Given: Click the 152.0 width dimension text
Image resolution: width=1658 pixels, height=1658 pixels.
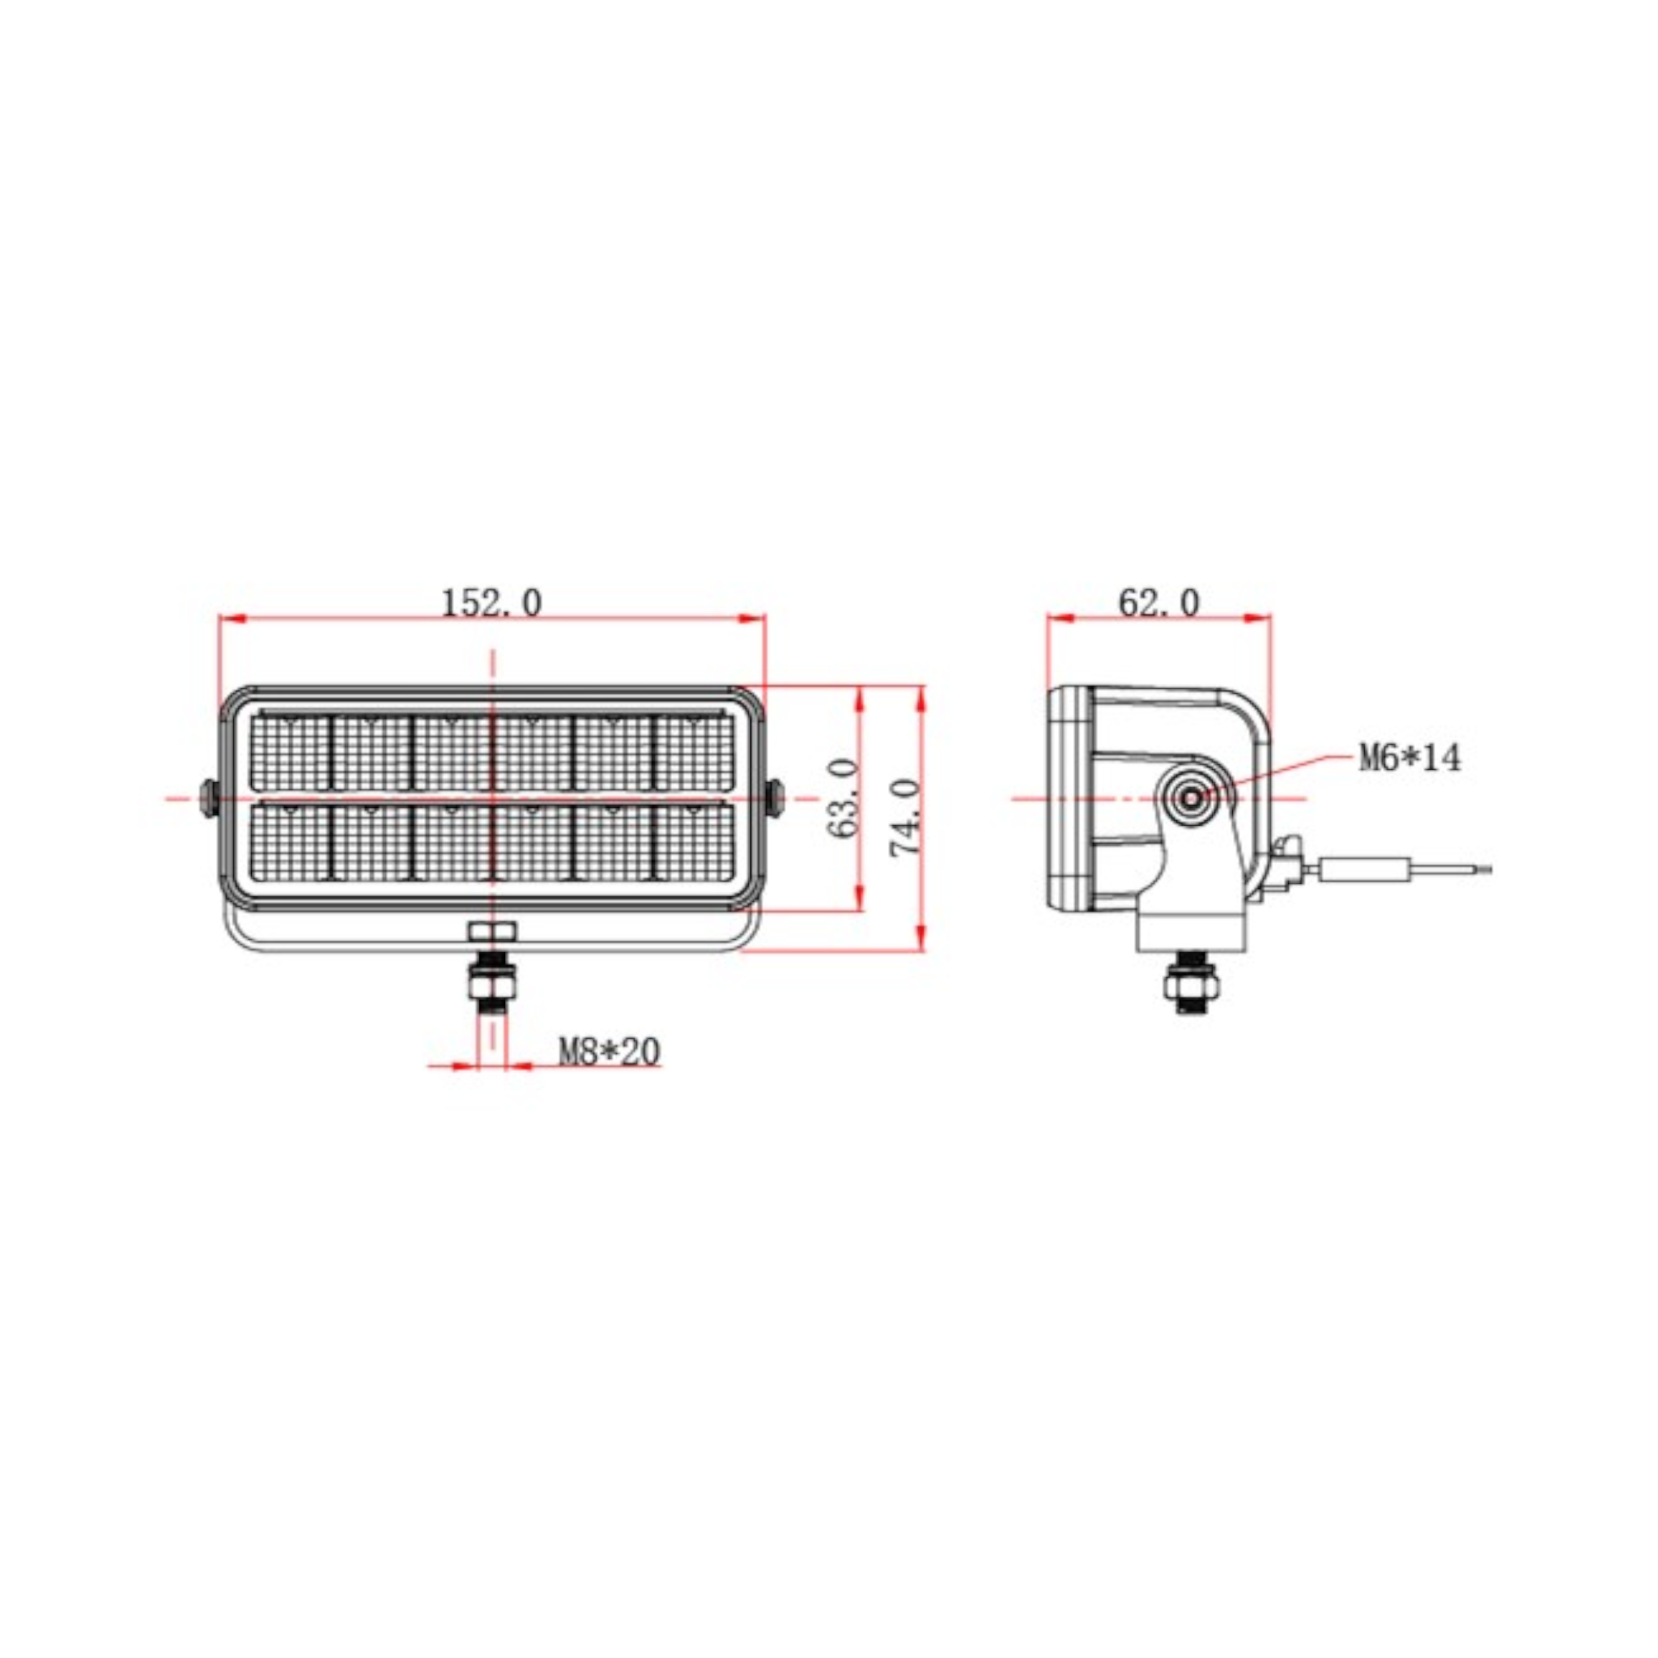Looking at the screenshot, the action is (491, 603).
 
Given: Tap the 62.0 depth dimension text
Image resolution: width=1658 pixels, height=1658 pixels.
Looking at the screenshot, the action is (1158, 603).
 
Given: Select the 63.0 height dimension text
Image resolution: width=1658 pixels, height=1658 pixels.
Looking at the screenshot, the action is (845, 797).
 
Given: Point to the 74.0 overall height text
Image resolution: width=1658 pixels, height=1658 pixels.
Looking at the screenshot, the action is (906, 817).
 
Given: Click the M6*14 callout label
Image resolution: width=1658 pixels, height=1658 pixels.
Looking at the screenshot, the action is (1409, 758).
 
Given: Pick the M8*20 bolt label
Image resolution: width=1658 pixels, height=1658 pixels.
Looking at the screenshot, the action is (610, 1052).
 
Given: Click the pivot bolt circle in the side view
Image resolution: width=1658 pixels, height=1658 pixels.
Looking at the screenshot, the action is (1192, 799).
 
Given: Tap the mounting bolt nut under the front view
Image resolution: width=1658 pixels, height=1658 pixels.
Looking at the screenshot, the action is (491, 980).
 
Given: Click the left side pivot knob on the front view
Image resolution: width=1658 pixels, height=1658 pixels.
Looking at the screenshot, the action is (209, 797).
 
